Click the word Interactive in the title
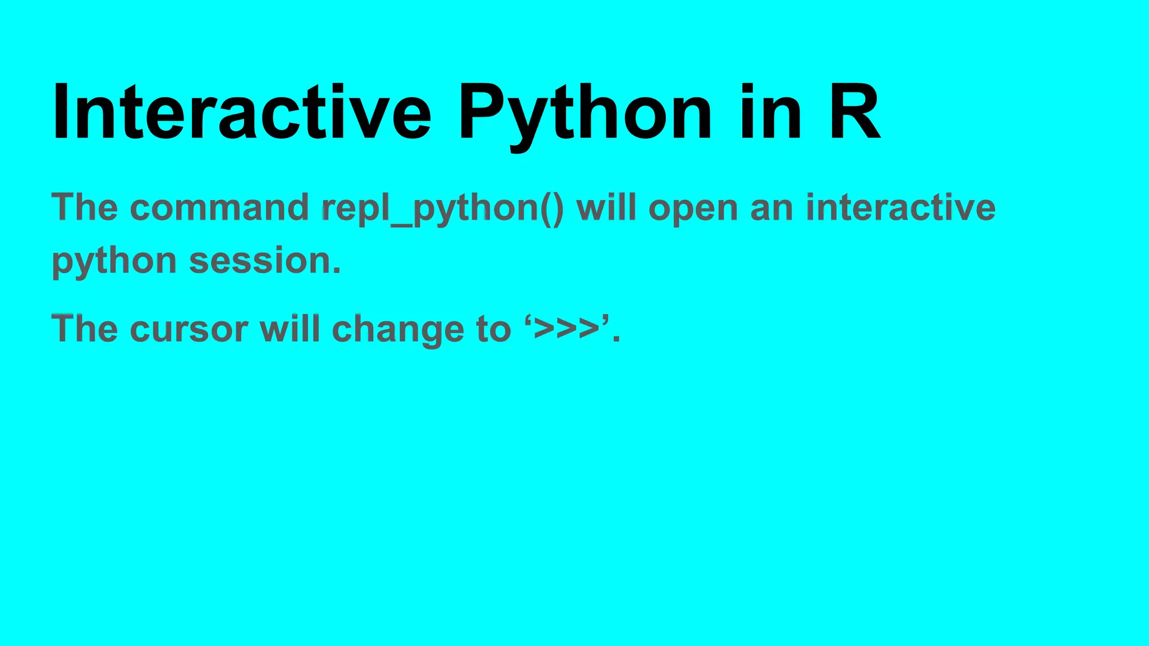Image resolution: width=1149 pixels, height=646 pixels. [241, 112]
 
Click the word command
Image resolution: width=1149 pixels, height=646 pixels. [219, 207]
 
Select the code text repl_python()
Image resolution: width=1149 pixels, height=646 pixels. [443, 209]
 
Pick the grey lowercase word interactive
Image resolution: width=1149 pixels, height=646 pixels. [900, 207]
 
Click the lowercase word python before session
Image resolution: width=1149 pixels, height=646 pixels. [114, 262]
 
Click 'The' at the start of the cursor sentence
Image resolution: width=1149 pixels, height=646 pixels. [85, 329]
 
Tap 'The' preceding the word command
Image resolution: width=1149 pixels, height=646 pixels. [85, 207]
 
